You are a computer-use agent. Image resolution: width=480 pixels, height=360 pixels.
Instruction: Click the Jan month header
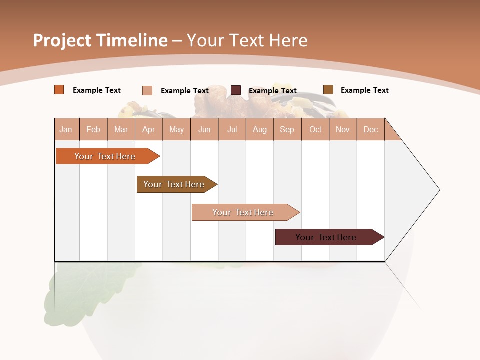pos(66,129)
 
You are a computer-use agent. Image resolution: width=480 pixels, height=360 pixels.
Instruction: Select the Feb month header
pos(93,129)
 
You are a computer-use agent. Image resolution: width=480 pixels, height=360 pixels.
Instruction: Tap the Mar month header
pos(121,129)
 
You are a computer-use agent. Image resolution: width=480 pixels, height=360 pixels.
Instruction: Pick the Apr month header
pos(149,129)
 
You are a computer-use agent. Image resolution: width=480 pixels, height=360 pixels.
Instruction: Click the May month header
pos(176,129)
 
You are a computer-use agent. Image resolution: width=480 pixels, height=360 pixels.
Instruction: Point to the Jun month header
pos(204,129)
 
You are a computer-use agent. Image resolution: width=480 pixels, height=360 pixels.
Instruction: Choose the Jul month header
pos(232,129)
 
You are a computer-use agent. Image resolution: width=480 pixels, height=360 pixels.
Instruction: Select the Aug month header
pos(260,129)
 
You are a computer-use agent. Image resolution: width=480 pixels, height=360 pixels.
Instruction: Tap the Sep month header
pos(287,129)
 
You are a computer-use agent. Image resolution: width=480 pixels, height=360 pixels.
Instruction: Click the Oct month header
pos(315,129)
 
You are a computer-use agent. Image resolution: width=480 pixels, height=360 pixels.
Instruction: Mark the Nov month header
pos(343,129)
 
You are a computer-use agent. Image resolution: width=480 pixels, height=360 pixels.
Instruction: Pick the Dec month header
pos(371,129)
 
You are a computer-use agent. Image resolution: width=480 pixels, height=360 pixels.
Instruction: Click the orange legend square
pos(59,90)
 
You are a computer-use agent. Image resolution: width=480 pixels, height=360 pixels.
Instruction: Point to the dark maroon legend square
pos(236,90)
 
